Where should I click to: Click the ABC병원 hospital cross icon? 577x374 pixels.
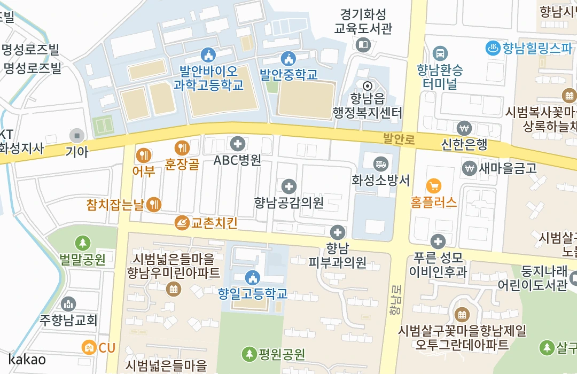pos(237,143)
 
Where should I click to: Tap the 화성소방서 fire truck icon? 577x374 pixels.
pos(380,163)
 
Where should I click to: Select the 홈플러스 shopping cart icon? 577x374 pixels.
pos(434,186)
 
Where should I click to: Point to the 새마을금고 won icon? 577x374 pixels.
pos(470,168)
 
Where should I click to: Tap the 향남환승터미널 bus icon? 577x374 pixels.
pos(440,53)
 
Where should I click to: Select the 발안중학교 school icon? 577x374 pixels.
pos(288,57)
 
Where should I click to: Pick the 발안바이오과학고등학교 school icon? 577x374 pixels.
pos(208,54)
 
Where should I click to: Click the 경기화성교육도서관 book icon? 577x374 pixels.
pos(363,46)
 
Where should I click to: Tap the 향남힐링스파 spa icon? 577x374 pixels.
pos(492,48)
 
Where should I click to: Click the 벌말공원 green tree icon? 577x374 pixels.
pos(82,243)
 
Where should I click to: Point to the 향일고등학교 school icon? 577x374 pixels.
pos(252,277)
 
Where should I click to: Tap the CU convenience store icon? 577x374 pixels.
pos(89,347)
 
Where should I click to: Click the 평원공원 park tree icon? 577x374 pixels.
pos(249,353)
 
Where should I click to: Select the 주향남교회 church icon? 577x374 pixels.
pos(68,304)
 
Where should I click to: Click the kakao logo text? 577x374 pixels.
pos(27,359)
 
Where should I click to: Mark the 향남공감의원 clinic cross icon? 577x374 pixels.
pos(289,186)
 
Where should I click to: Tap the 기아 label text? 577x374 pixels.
pos(76,151)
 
